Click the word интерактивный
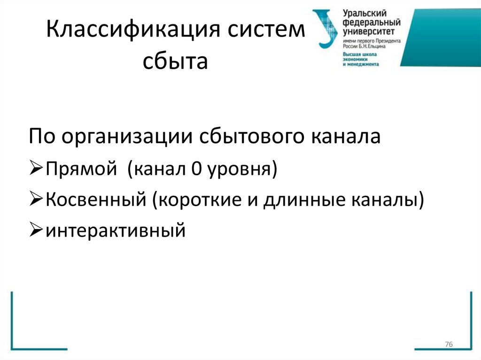pos(115,231)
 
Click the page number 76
pos(448,345)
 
